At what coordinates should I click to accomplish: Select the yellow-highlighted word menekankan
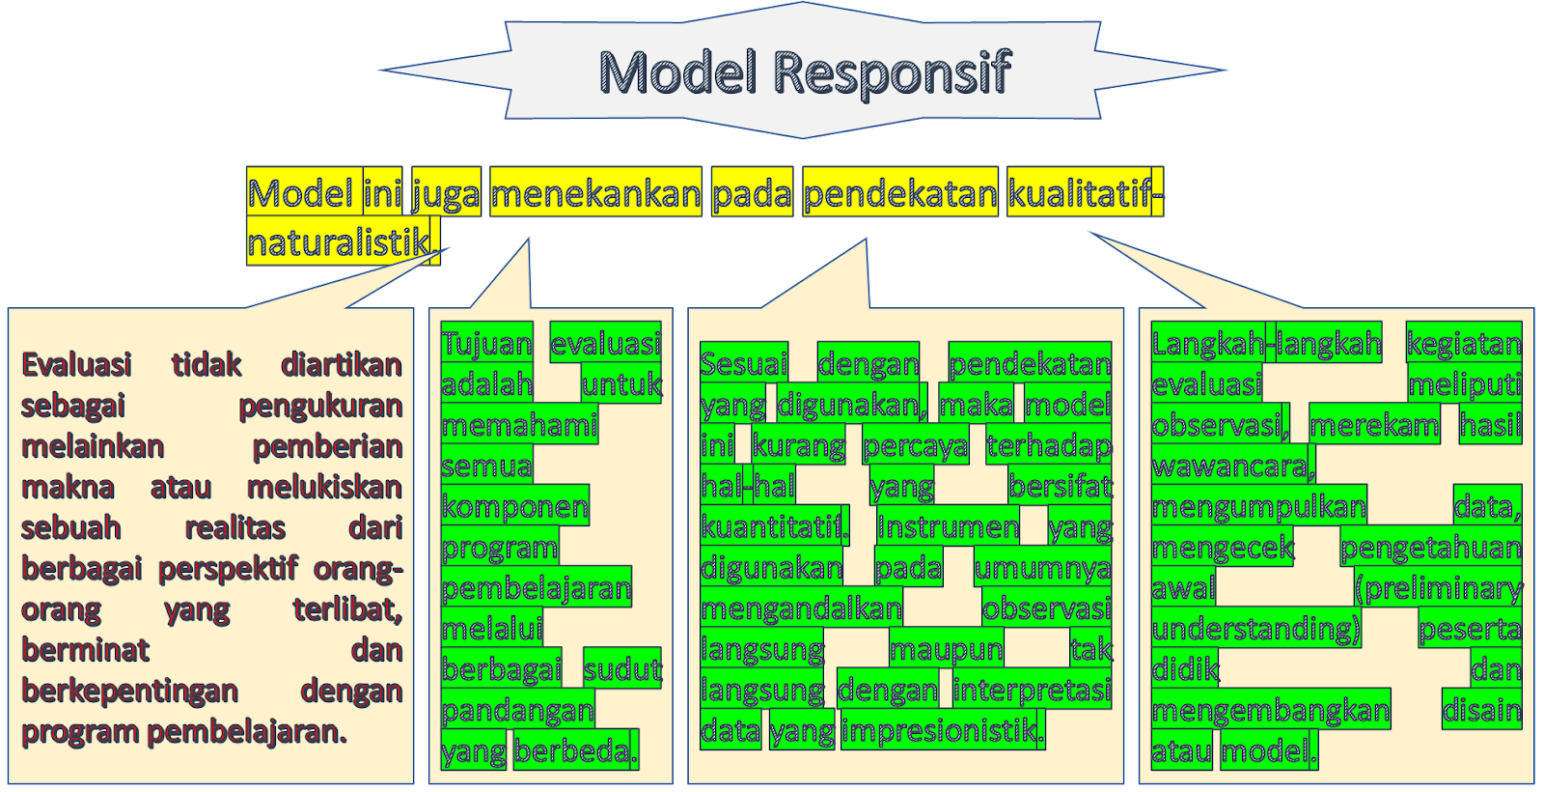tap(595, 194)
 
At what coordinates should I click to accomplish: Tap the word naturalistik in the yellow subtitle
tap(339, 242)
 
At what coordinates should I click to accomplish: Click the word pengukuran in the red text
tap(320, 406)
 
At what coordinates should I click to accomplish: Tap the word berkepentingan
tap(129, 692)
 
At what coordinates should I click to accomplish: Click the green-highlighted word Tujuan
tap(486, 343)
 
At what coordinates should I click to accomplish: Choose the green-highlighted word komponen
tap(514, 506)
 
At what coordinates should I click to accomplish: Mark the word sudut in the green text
tap(622, 669)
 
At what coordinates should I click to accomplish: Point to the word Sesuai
tap(744, 363)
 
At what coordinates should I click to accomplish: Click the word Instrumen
tap(948, 527)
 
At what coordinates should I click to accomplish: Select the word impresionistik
tap(942, 730)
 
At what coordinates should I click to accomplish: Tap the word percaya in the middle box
tap(915, 446)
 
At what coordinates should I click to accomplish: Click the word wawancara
tap(1232, 467)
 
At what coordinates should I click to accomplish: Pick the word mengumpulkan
tap(1258, 507)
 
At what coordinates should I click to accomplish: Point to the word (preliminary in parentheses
tap(1439, 588)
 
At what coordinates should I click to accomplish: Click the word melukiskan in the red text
tap(324, 487)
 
